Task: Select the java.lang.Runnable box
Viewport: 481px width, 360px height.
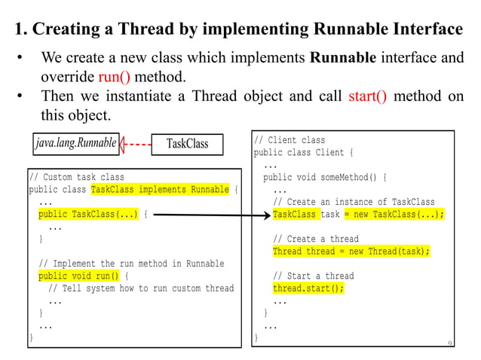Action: (75, 142)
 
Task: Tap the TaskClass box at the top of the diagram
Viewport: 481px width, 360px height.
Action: (187, 143)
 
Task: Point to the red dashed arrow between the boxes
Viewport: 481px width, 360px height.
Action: (133, 143)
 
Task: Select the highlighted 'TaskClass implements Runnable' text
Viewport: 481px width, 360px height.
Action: (160, 190)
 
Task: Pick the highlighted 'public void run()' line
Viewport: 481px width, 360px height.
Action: (79, 276)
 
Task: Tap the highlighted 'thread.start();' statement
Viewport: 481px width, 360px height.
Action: (308, 288)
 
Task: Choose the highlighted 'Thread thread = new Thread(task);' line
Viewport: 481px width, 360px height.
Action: (351, 252)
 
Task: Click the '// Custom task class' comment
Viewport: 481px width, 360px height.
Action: (76, 178)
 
